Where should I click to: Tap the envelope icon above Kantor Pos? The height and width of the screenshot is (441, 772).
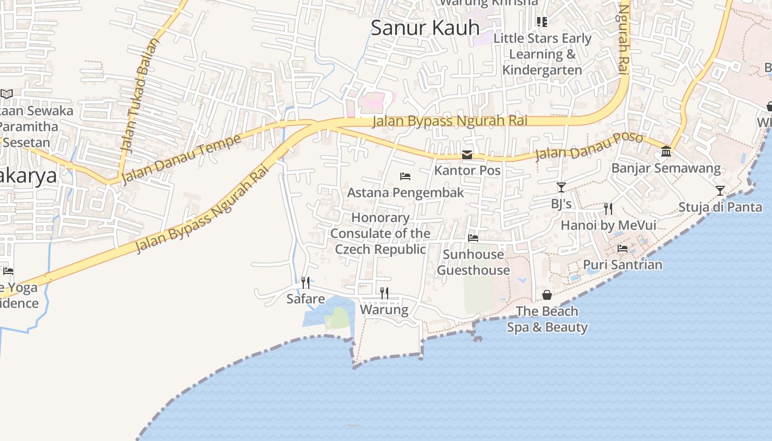pos(467,155)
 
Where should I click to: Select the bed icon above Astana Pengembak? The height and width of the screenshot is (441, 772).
pos(405,176)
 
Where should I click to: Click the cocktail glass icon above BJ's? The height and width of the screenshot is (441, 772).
pos(561,188)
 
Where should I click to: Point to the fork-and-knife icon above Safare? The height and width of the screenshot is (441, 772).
pos(305,283)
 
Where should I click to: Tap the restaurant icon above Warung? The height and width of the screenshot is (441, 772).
pos(384,293)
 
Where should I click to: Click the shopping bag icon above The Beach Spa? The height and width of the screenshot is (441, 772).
pos(547,295)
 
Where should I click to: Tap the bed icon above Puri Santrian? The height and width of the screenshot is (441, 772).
pos(623,249)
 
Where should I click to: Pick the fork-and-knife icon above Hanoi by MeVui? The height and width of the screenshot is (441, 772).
pos(608,209)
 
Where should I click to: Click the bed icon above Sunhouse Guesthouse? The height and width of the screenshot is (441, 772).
pos(473,238)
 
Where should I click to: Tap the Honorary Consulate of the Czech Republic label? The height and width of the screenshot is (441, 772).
pos(380,234)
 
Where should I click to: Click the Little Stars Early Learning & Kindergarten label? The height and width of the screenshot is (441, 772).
pos(542,54)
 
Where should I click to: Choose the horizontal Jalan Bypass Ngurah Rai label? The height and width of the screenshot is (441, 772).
pos(450,121)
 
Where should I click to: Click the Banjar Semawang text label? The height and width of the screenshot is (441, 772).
pos(666,168)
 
